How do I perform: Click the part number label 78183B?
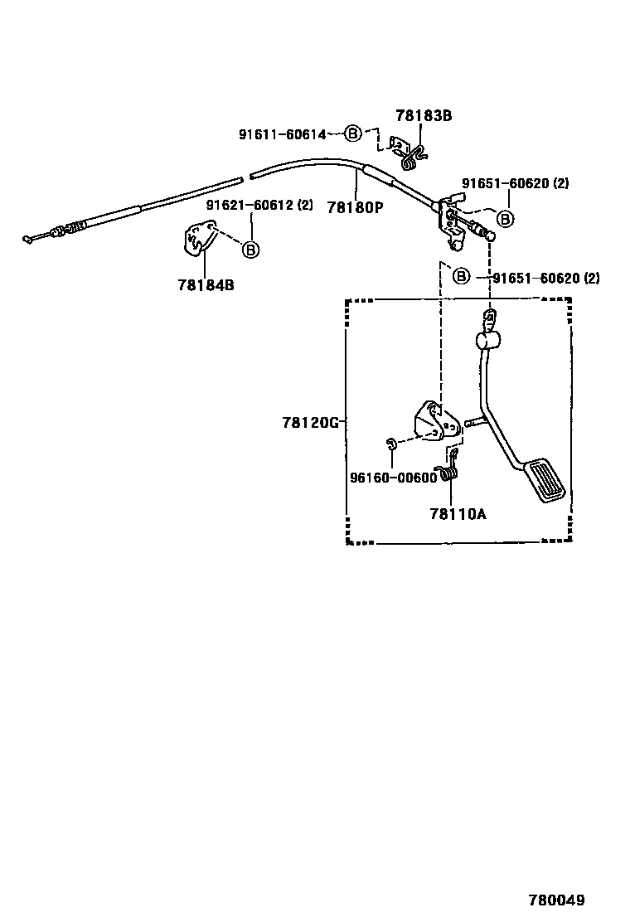pos(423,116)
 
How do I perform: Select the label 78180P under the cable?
pos(355,207)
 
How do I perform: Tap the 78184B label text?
pos(206,284)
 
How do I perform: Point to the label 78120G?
pos(310,423)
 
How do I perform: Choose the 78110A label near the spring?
pos(458,513)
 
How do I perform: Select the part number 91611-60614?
pos(283,134)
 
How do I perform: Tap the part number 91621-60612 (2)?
pos(259,205)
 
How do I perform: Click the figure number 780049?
pos(557,900)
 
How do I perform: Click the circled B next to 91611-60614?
pos(353,133)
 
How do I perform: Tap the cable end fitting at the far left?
pos(30,239)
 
